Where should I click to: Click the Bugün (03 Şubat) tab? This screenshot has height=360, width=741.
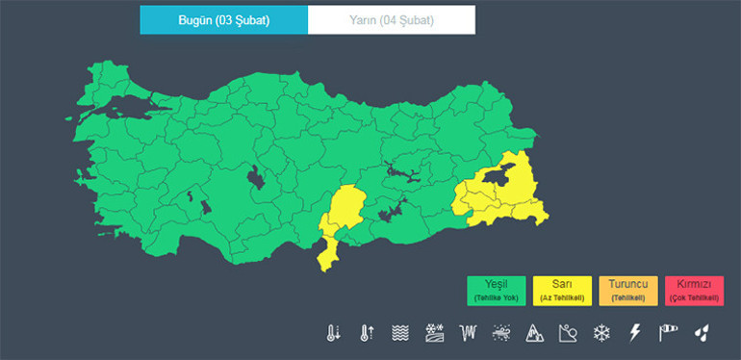[x=223, y=19]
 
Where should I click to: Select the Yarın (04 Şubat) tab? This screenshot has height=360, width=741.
[x=391, y=19]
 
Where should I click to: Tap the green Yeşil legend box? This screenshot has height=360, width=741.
[x=497, y=291]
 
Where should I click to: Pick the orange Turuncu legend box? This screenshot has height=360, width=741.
[x=628, y=291]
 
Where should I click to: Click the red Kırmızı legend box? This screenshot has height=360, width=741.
[x=694, y=291]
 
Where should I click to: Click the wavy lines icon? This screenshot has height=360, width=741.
[x=401, y=333]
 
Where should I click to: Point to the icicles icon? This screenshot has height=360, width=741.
[x=469, y=333]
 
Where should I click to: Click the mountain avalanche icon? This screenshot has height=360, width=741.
[x=535, y=333]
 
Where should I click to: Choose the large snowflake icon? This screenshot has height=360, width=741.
[x=601, y=333]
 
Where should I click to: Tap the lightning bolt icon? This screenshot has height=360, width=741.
[x=634, y=333]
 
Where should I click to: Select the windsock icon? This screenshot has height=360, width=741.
[x=668, y=333]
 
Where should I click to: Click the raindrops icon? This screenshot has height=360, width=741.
[x=703, y=333]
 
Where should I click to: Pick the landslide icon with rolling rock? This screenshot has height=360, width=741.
[x=568, y=333]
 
